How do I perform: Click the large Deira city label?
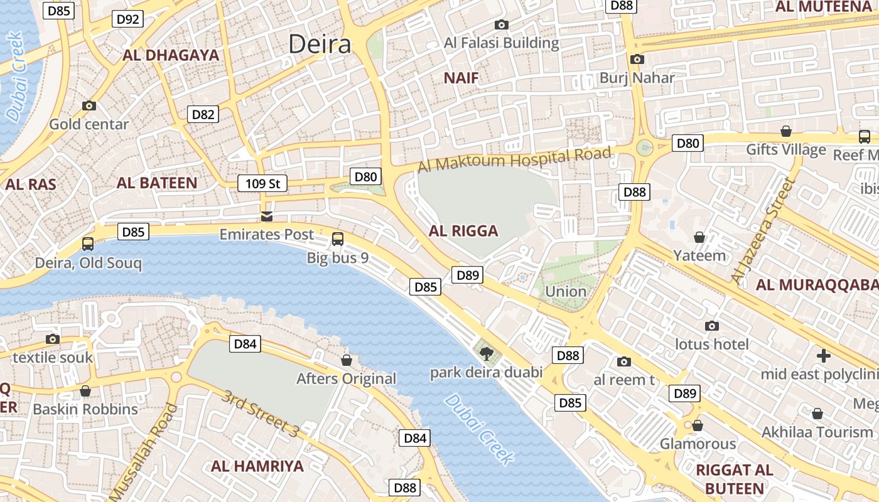[320, 45]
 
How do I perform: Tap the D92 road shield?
[128, 19]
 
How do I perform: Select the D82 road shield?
[203, 114]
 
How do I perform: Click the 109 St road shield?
[262, 184]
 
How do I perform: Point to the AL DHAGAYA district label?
[171, 55]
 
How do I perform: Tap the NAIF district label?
[461, 78]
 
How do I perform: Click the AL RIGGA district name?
[463, 231]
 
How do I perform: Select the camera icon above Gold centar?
[89, 106]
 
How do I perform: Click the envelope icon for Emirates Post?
[267, 216]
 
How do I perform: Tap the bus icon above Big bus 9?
[338, 239]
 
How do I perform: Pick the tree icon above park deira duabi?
[486, 354]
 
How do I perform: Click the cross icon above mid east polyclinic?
[824, 356]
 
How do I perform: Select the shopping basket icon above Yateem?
[699, 237]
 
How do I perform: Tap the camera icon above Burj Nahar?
[637, 60]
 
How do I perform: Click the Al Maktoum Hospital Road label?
[514, 159]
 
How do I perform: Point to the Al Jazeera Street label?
[762, 230]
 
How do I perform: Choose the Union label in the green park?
[566, 291]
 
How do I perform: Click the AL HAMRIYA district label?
[257, 466]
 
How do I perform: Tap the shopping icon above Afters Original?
[346, 360]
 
